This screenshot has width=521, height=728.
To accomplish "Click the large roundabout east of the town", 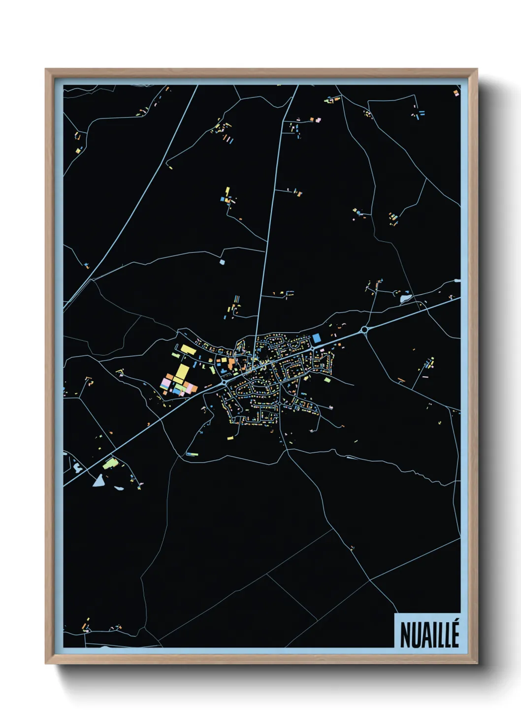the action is pyautogui.click(x=364, y=330).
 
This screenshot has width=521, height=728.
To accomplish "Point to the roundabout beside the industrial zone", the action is pyautogui.click(x=224, y=381).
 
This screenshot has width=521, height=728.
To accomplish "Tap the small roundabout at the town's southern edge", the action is pyautogui.click(x=280, y=403).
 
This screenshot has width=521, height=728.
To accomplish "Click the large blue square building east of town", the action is pyautogui.click(x=317, y=338).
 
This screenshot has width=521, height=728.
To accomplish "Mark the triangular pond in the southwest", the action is pyautogui.click(x=99, y=479).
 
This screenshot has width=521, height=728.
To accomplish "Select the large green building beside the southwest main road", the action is pyautogui.click(x=110, y=463).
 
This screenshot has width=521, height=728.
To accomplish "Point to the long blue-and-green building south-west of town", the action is pyautogui.click(x=192, y=454).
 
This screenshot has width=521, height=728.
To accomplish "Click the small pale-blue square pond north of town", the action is pyautogui.click(x=222, y=262).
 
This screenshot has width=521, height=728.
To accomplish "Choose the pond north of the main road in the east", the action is pyautogui.click(x=406, y=298).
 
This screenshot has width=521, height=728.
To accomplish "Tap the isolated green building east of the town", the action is pyautogui.click(x=327, y=380).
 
